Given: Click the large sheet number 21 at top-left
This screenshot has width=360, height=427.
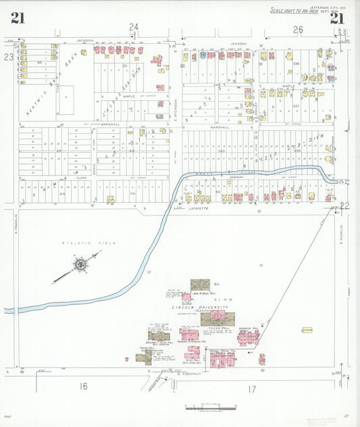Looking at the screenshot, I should [x=18, y=18].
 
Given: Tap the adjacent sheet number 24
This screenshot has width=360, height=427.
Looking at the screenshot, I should [x=134, y=27].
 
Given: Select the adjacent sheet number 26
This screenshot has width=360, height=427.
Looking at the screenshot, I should [x=298, y=30].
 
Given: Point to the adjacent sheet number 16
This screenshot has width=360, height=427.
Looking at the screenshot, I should [x=83, y=386].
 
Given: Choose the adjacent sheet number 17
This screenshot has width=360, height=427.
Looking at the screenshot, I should [x=252, y=388].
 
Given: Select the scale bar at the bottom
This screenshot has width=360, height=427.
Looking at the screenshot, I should [x=211, y=407].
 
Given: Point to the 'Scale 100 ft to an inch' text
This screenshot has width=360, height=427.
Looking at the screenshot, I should [x=293, y=11].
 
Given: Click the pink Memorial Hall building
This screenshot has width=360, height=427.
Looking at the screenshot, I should [x=247, y=336].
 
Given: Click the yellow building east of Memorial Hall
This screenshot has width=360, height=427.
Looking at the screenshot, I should [x=307, y=330].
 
